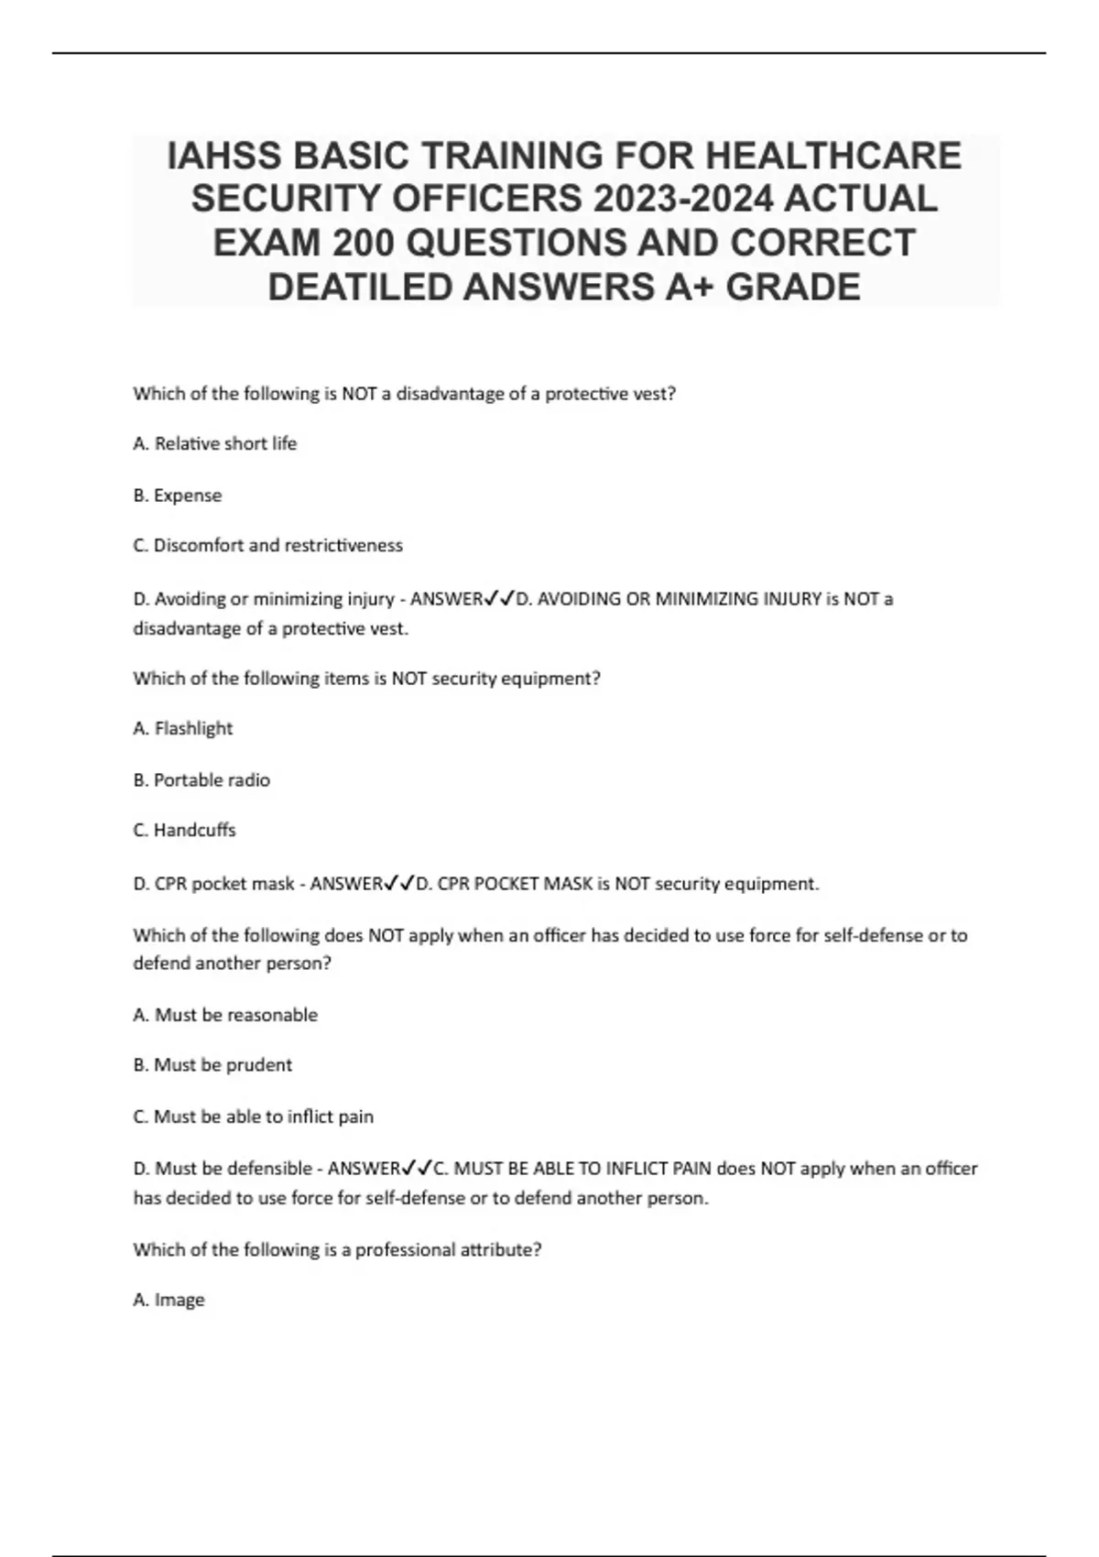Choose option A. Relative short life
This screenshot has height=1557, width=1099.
[x=215, y=443]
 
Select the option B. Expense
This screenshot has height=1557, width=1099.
[x=178, y=495]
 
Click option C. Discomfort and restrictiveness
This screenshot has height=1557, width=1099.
[x=267, y=545]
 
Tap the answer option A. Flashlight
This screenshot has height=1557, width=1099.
[x=183, y=728]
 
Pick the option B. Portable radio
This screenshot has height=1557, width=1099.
[x=201, y=780]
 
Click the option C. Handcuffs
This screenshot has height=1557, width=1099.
[x=184, y=830]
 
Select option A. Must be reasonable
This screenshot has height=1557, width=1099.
[x=225, y=1015]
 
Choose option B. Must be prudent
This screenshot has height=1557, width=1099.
[x=212, y=1065]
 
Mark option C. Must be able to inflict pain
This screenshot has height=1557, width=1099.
[x=254, y=1116]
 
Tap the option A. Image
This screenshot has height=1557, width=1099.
[x=169, y=1300]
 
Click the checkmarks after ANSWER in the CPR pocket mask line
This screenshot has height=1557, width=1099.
[x=399, y=883]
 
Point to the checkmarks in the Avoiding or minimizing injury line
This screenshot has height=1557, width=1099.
[x=499, y=598]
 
